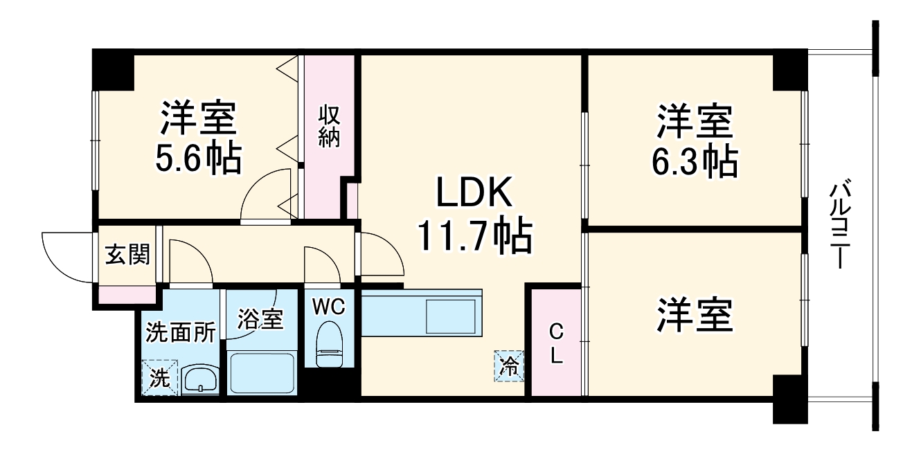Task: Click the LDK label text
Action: point(474,195)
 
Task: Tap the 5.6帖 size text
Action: point(198,159)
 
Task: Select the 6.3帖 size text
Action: point(695,161)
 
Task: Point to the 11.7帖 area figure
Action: point(474,237)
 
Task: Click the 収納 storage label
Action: point(330,126)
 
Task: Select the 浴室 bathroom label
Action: point(260,320)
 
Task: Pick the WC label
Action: point(328,307)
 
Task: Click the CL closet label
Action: point(556,345)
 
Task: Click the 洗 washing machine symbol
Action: point(160,378)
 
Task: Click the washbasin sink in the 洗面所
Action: point(201,379)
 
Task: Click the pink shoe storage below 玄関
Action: point(126,294)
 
